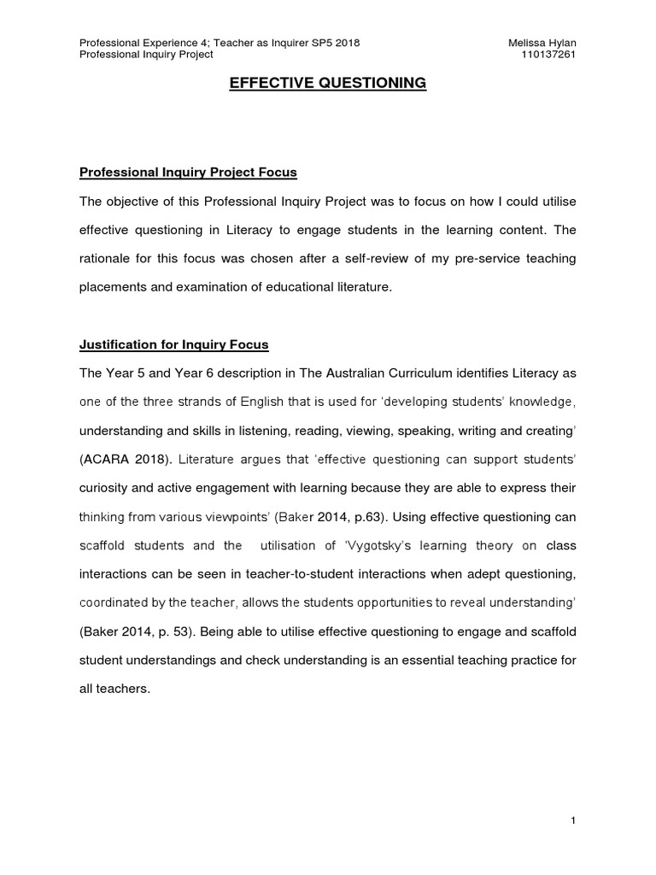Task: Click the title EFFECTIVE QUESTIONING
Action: coord(328,83)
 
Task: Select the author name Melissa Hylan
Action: coord(542,42)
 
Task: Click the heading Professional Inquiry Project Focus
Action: coord(188,172)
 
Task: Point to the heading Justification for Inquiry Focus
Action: coord(174,344)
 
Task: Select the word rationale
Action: coord(108,259)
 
